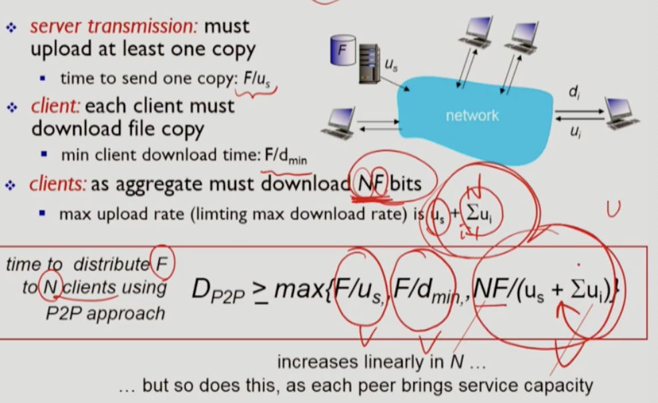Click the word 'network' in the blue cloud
coord(472,115)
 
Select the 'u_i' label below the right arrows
coord(575,132)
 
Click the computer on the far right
coord(621,112)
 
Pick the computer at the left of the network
coord(342,122)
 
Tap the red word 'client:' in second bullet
coord(55,106)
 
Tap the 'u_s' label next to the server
coord(392,65)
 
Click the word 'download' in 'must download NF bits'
coord(306,183)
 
